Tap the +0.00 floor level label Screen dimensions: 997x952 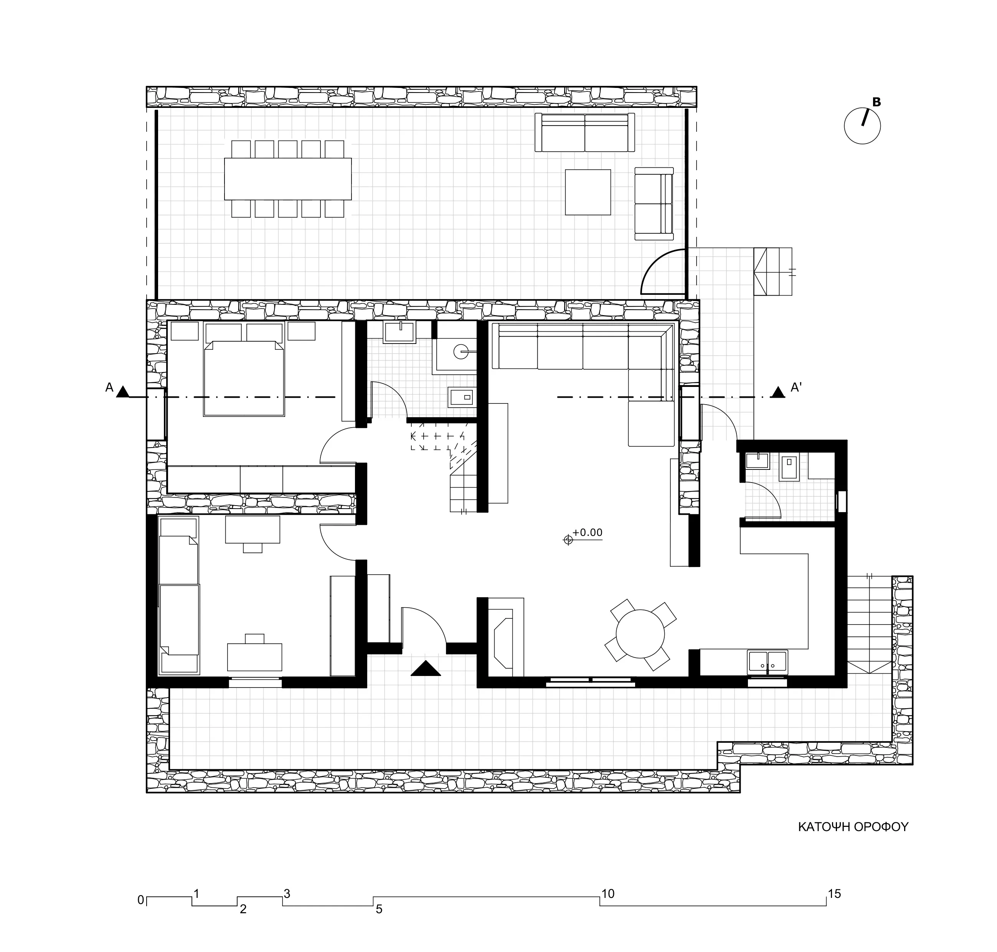588,532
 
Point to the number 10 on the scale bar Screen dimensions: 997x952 607,894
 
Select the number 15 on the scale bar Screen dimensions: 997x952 834,894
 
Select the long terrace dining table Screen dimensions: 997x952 288,178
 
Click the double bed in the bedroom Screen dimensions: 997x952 244,378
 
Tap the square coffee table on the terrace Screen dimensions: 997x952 588,192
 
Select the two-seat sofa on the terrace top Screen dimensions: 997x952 584,132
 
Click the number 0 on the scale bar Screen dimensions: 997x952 140,900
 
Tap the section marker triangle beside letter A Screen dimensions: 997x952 122,392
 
